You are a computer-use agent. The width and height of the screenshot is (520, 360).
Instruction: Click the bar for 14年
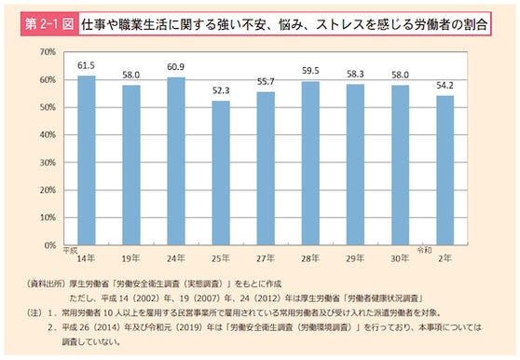coord(86,159)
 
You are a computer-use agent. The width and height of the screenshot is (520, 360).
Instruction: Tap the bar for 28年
coord(310,162)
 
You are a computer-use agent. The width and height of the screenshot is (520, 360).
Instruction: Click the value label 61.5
coord(86,66)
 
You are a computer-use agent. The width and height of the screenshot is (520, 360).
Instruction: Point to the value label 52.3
coord(221,91)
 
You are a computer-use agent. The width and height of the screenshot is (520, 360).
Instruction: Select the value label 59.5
coord(310,72)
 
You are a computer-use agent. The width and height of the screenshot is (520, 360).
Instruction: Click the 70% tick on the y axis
coord(48,52)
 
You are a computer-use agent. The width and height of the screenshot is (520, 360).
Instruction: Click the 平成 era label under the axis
coord(69,250)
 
